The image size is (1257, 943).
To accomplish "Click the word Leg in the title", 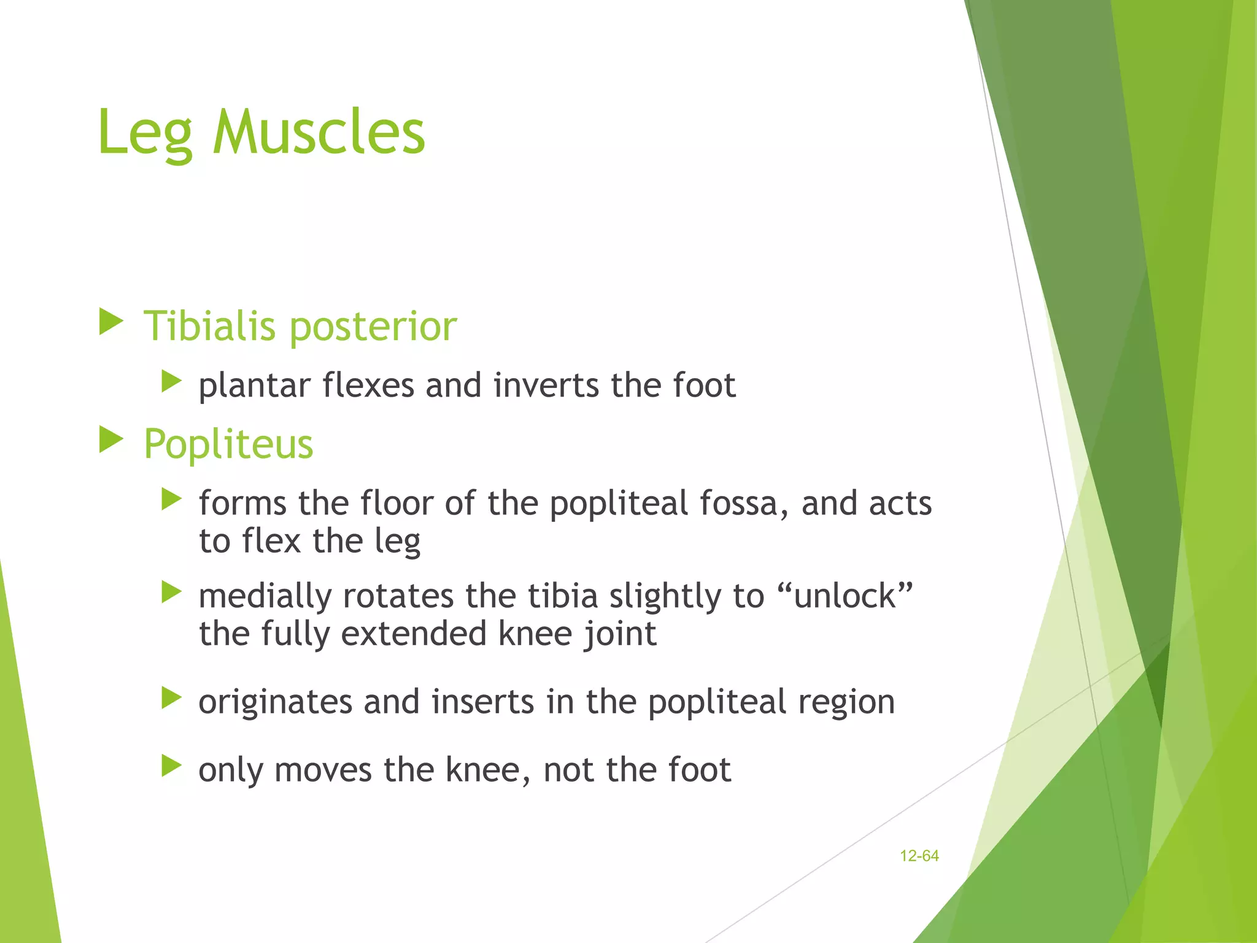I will pyautogui.click(x=145, y=133).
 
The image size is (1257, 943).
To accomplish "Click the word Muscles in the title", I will pyautogui.click(x=319, y=132).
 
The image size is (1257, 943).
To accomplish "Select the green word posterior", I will pyautogui.click(x=373, y=327).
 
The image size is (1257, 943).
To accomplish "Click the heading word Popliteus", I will pyautogui.click(x=228, y=444).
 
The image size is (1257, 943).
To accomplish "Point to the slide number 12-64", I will pyautogui.click(x=919, y=856).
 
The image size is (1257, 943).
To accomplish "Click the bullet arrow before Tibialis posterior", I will pyautogui.click(x=111, y=322).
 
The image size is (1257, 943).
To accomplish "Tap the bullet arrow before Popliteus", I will pyautogui.click(x=111, y=440).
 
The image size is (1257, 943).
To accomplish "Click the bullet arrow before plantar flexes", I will pyautogui.click(x=171, y=382).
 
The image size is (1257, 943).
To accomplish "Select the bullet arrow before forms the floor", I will pyautogui.click(x=171, y=500).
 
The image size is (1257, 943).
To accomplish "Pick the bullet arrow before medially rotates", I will pyautogui.click(x=171, y=592).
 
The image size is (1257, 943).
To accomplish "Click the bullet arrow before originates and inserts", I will pyautogui.click(x=171, y=698).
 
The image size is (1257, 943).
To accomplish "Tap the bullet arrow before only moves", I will pyautogui.click(x=171, y=766).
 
